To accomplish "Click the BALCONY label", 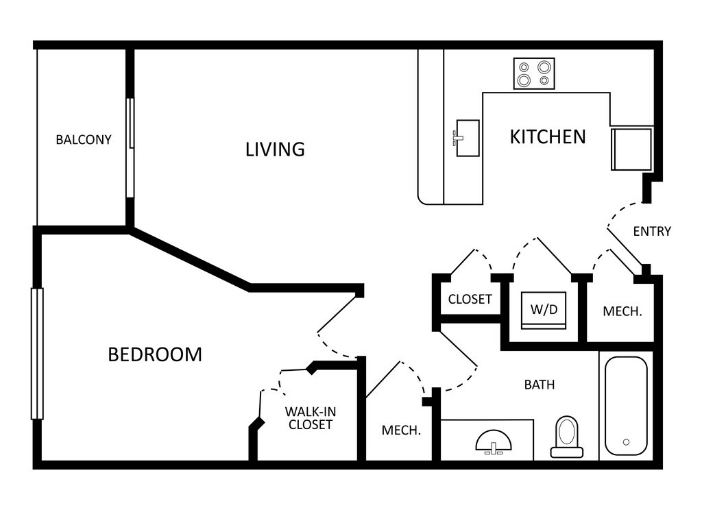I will (83, 140).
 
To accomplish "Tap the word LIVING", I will (275, 149).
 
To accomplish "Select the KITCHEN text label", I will (548, 136).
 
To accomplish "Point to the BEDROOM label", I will (155, 354).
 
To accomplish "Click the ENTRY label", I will (651, 231).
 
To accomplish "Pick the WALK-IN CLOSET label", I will (310, 418).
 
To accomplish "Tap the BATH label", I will (540, 385).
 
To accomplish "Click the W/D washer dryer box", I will (544, 309).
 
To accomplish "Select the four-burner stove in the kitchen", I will (534, 73).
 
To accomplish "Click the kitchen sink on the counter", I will (468, 138).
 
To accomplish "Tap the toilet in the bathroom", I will (567, 436).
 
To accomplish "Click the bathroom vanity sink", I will (494, 441).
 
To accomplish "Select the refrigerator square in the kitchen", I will (631, 148).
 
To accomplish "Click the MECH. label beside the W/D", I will (622, 311).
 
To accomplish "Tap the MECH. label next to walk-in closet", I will (401, 430).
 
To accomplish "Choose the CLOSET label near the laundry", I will (470, 300).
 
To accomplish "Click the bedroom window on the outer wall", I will (37, 353).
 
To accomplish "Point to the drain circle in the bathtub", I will (626, 442).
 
